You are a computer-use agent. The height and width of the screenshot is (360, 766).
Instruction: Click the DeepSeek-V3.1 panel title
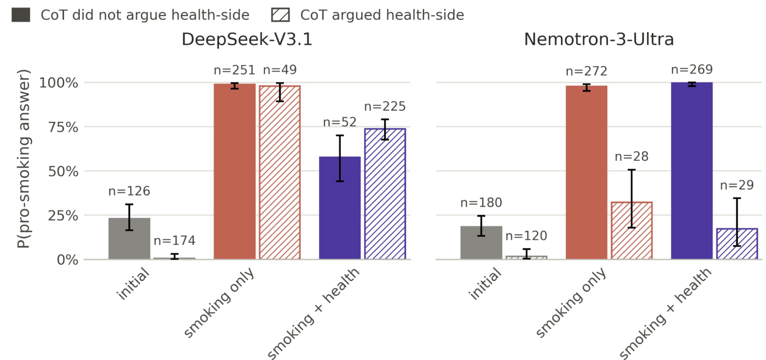pos(247,39)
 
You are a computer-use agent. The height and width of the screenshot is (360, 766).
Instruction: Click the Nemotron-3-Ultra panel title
pos(599,39)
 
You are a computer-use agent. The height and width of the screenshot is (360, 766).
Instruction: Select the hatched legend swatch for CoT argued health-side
pos(280,15)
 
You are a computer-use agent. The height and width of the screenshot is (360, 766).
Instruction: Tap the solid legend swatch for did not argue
pos(21,15)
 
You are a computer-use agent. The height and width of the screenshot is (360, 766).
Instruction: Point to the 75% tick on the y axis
pos(63,127)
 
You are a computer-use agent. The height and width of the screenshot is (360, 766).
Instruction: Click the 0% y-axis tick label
pos(68,260)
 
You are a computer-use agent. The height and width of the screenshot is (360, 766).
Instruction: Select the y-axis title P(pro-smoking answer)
pos(24,159)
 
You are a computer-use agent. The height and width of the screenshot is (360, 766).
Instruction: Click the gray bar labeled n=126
pos(129,239)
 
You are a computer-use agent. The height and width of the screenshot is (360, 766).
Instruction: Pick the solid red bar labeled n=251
pos(235,172)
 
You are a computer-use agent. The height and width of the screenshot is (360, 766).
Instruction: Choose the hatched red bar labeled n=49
pos(280,173)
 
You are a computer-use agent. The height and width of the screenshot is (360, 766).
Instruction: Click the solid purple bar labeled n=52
pos(340,208)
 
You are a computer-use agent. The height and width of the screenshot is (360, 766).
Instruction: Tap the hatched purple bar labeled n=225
pos(385,194)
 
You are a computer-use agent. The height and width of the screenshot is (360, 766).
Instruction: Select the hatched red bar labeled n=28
pos(631,231)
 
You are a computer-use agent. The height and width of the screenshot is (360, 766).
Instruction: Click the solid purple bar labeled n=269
pos(692,171)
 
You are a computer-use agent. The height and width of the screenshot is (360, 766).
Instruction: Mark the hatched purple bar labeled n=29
pos(737,244)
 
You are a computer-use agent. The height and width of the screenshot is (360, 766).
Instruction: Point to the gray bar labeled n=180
pos(481,243)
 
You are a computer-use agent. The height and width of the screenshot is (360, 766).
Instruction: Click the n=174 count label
pos(175,241)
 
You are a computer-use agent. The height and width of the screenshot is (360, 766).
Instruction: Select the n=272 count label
pos(587,71)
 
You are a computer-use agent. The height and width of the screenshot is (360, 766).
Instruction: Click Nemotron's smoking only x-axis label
pos(571,303)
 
